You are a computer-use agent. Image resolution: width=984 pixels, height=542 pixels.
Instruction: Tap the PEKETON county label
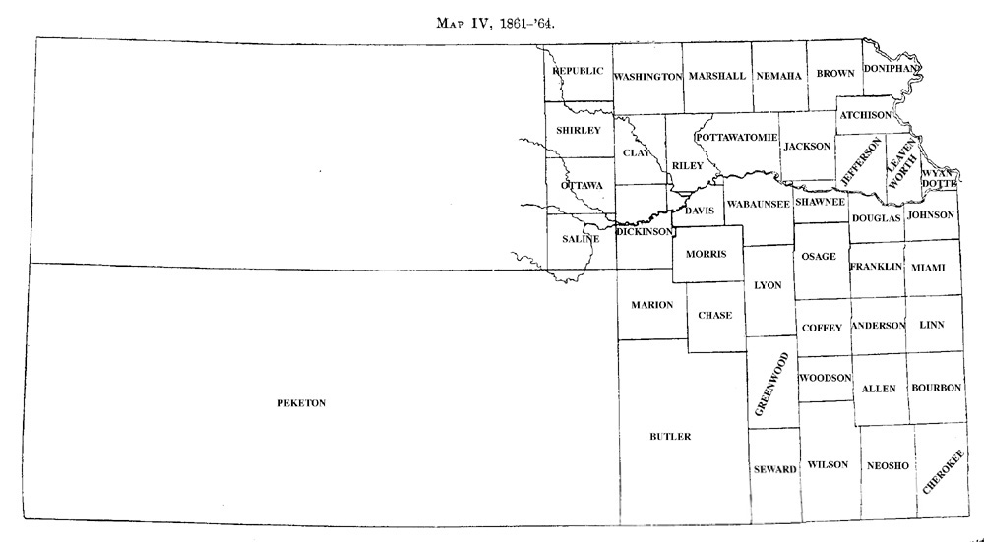click(302, 403)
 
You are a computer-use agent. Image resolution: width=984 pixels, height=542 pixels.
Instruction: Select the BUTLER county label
click(670, 437)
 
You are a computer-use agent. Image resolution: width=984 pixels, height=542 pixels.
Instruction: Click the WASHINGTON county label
click(647, 76)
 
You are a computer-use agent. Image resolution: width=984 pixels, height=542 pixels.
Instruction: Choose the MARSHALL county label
click(717, 76)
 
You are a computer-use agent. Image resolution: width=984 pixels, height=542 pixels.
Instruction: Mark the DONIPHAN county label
click(892, 68)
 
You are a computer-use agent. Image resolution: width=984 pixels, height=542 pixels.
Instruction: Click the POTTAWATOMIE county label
click(737, 136)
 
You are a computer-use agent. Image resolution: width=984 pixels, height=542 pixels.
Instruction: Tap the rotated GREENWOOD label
click(771, 385)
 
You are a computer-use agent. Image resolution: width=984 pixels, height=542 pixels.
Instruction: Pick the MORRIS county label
click(706, 254)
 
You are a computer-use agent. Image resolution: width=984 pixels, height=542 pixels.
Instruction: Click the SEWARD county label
click(774, 470)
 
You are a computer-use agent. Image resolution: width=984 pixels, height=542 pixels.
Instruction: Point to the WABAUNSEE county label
click(758, 204)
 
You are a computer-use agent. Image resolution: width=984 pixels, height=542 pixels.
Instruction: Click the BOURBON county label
click(935, 389)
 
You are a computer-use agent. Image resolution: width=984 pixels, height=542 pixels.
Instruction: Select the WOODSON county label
click(825, 378)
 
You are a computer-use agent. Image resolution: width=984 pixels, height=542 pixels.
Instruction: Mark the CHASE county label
click(714, 315)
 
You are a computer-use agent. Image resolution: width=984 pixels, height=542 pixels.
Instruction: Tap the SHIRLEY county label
click(578, 130)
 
